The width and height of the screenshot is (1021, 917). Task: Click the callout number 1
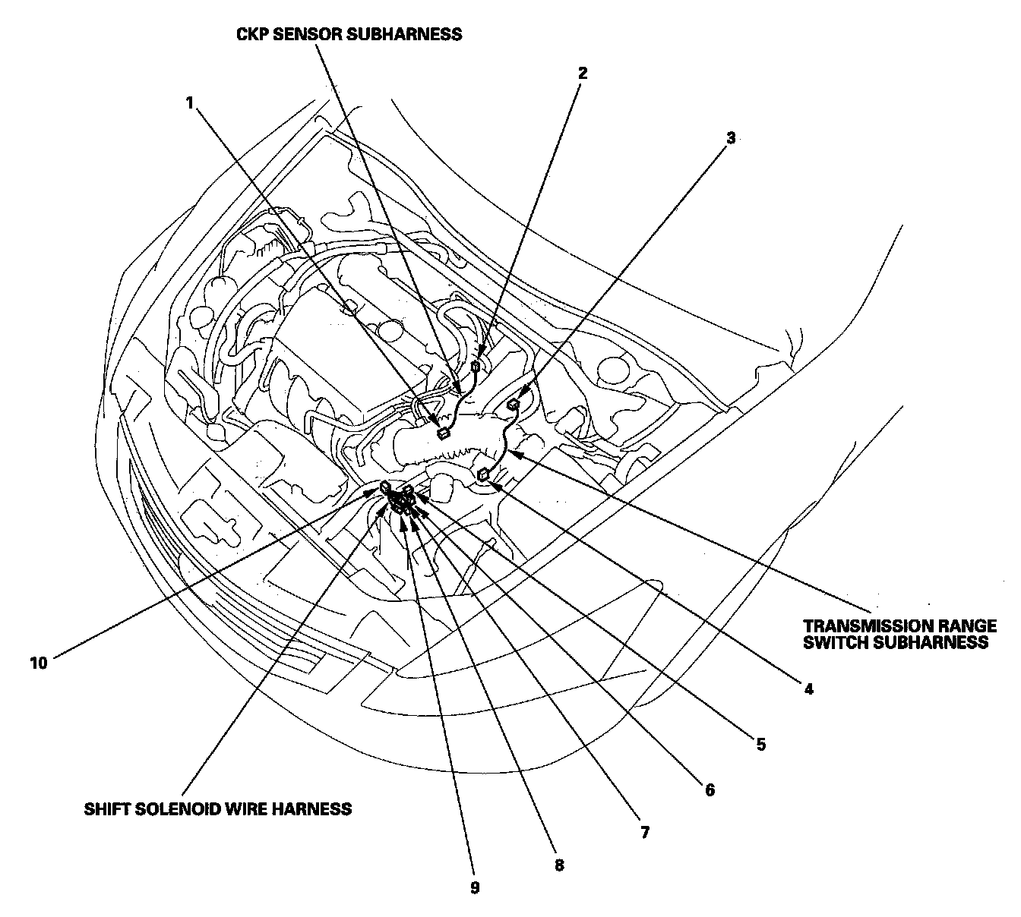[x=190, y=102]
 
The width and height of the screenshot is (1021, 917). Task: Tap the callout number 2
[x=582, y=74]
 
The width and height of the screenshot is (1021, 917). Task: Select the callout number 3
[x=731, y=138]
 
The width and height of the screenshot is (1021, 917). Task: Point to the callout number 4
[x=808, y=689]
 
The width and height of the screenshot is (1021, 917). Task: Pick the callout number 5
[x=760, y=744]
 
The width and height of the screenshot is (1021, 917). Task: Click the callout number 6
[x=710, y=790]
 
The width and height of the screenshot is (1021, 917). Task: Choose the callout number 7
[x=644, y=832]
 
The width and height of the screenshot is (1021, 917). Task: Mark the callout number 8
[x=559, y=865]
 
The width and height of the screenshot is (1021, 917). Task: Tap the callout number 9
[x=475, y=888]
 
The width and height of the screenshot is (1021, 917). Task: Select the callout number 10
[x=39, y=663]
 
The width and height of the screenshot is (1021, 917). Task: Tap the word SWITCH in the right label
[x=834, y=642]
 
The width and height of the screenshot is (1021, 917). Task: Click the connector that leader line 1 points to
[x=442, y=433]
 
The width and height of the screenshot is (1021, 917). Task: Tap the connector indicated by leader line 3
[x=513, y=404]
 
